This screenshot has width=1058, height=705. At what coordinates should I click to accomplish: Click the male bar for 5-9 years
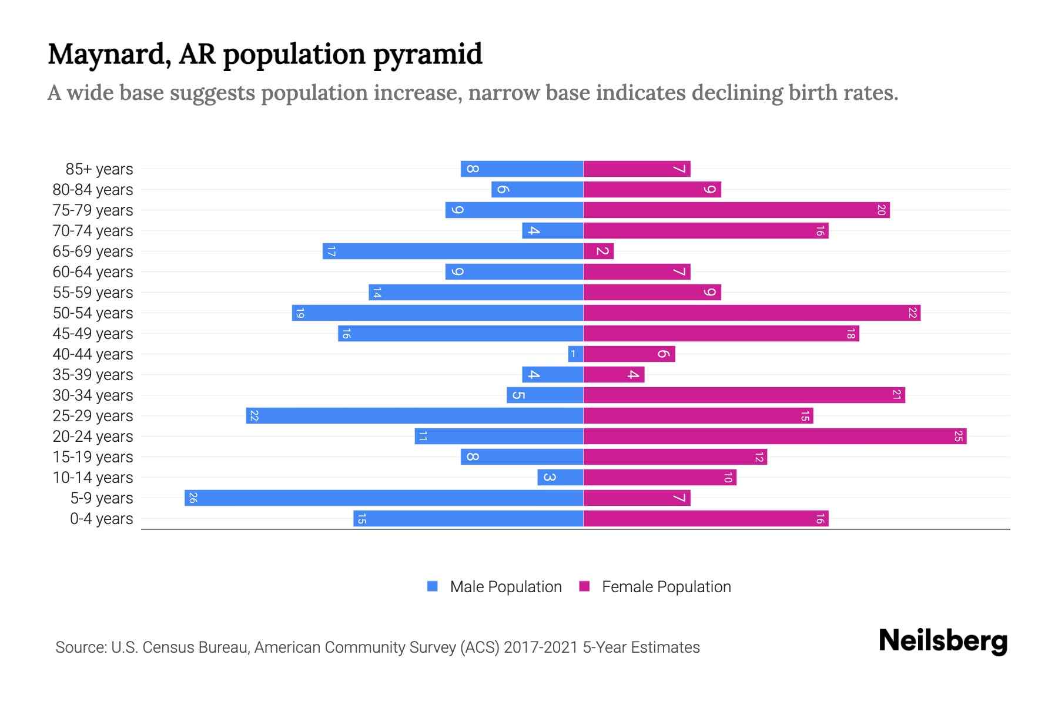tap(384, 498)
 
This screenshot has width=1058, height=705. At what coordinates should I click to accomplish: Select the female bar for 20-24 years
tap(775, 436)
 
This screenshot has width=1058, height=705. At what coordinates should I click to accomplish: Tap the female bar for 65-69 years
tap(598, 251)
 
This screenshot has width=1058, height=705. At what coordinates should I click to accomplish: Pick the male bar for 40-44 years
tap(575, 354)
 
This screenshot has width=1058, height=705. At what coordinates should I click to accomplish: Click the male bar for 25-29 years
tap(414, 415)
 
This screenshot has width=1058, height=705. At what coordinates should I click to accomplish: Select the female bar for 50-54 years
tap(752, 313)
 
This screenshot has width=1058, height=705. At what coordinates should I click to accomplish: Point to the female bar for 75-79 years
tap(736, 210)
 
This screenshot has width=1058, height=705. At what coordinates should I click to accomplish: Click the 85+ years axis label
tap(99, 169)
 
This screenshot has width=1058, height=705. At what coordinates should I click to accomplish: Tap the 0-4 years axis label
tap(101, 519)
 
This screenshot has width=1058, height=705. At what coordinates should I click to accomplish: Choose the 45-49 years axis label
tap(93, 334)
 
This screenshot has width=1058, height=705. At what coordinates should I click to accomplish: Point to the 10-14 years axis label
tap(93, 478)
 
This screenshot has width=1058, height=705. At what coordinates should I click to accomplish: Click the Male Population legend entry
tap(505, 586)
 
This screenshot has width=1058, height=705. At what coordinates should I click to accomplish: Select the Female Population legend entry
tap(666, 586)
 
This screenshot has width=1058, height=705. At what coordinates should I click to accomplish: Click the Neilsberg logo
tap(943, 640)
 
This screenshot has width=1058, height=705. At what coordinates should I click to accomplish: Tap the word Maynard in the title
tap(110, 55)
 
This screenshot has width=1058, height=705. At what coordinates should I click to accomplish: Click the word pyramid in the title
tap(427, 55)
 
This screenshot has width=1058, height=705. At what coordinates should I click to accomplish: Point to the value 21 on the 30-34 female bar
tap(896, 395)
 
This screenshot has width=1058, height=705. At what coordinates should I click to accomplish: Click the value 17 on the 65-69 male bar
tap(331, 251)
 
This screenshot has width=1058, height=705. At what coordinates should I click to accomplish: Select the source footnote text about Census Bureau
tap(377, 647)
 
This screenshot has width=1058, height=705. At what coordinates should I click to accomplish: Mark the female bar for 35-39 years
tap(614, 374)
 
